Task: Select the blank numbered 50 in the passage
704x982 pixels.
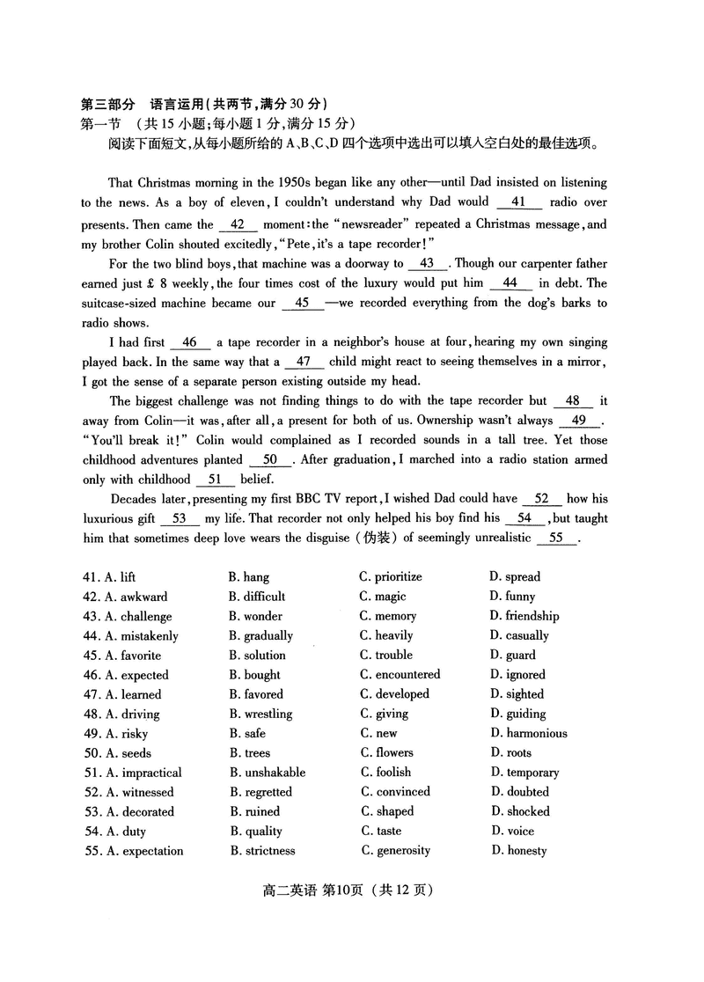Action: [270, 459]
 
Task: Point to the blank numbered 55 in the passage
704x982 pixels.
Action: [556, 539]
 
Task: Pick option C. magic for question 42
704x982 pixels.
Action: [383, 597]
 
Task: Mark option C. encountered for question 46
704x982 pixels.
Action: [400, 675]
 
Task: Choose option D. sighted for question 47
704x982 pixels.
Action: [517, 694]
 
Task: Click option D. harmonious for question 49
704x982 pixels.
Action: [528, 734]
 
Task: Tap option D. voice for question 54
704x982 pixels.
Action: [511, 832]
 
